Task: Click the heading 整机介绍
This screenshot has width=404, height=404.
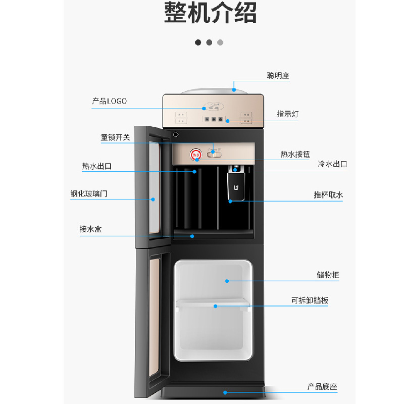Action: tap(210, 13)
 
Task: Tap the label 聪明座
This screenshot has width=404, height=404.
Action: tap(278, 76)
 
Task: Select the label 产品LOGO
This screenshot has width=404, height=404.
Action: tap(109, 102)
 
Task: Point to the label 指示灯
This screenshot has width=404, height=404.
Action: tap(287, 114)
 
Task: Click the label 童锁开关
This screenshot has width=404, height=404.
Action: tap(115, 137)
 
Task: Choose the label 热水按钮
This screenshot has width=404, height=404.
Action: tap(295, 154)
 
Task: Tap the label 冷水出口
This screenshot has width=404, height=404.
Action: tap(332, 164)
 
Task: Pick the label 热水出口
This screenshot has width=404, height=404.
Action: tap(96, 166)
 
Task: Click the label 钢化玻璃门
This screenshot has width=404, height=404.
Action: tap(89, 193)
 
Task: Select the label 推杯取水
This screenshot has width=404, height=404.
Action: tap(328, 195)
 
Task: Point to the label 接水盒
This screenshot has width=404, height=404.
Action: tap(90, 229)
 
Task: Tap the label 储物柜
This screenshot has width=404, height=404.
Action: tap(328, 275)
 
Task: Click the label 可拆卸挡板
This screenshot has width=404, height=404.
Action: tap(310, 300)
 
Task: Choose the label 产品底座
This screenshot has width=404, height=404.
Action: tap(322, 387)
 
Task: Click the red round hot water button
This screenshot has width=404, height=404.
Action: tap(195, 154)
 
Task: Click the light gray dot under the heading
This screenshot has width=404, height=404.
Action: tap(220, 42)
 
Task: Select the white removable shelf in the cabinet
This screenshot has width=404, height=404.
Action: tap(212, 302)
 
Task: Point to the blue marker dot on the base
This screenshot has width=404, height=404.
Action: tap(225, 392)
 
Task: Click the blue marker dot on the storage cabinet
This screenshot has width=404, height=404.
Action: tap(227, 281)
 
